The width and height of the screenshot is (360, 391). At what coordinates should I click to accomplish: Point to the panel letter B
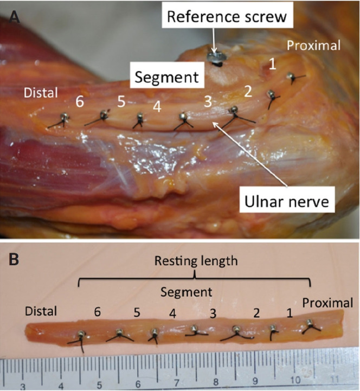point(15,259)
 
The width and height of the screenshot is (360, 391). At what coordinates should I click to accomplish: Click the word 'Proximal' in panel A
point(314,46)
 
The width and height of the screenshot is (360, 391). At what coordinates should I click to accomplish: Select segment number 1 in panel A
point(273,64)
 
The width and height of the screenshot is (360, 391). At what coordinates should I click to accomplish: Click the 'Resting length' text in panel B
point(196,261)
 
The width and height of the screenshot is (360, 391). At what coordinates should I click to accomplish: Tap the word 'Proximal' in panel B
point(327,302)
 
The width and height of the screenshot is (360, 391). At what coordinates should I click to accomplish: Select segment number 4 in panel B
point(172,314)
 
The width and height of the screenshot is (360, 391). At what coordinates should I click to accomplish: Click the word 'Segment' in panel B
point(186,292)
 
